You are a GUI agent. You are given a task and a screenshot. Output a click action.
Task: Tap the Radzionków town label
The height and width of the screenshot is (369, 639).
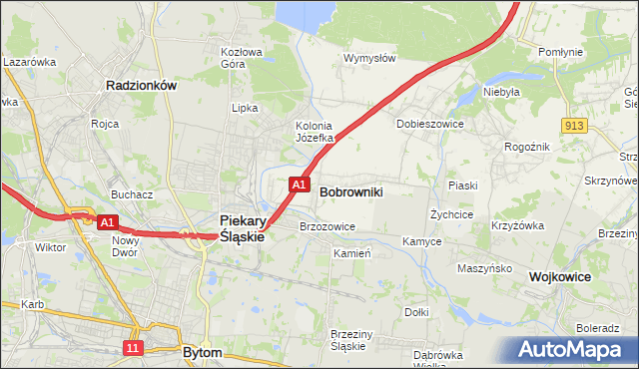click(x=141, y=86)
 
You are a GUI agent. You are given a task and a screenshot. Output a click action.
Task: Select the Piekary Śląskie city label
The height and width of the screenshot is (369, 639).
click(x=242, y=228)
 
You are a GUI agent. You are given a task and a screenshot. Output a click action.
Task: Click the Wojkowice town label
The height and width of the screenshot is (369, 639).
click(x=560, y=276)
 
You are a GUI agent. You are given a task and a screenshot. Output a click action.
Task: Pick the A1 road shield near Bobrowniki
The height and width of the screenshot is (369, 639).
click(x=299, y=184)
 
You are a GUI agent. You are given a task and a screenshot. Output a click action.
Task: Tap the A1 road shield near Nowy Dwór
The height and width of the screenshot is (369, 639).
click(x=109, y=222)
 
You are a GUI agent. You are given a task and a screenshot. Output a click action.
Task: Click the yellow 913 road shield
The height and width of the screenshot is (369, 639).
click(x=573, y=125)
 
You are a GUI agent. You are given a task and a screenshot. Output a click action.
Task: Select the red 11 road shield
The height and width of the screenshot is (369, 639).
click(x=134, y=347)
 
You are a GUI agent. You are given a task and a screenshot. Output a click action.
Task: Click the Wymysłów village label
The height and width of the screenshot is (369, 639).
click(x=369, y=58)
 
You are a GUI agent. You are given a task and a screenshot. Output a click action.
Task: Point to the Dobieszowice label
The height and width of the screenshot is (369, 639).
click(x=431, y=124)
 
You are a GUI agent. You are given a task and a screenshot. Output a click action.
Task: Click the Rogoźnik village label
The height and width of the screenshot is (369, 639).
click(x=526, y=146)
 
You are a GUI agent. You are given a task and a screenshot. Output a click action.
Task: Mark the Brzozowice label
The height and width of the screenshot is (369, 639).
click(x=327, y=226)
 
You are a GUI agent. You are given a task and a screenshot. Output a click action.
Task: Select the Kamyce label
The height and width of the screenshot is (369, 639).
click(x=422, y=241)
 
